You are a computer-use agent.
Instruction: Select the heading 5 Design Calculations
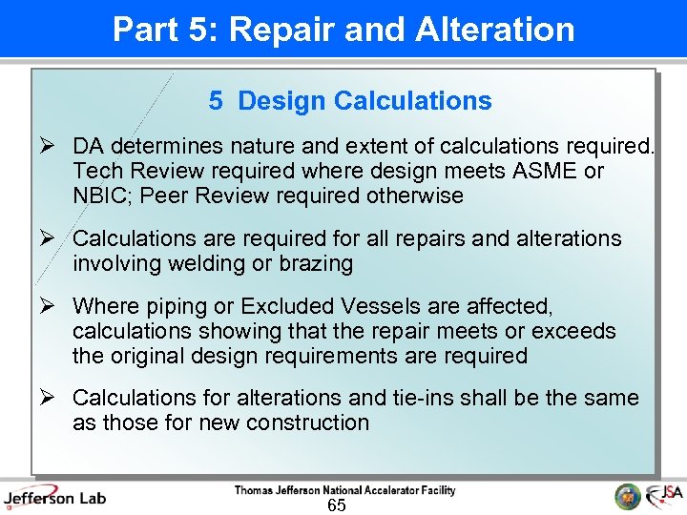[350, 101]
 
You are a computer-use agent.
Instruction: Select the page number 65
[336, 505]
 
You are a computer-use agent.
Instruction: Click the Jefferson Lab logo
[54, 496]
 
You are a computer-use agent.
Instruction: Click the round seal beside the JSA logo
[627, 496]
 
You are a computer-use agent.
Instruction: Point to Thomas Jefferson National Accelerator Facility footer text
[344, 490]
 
